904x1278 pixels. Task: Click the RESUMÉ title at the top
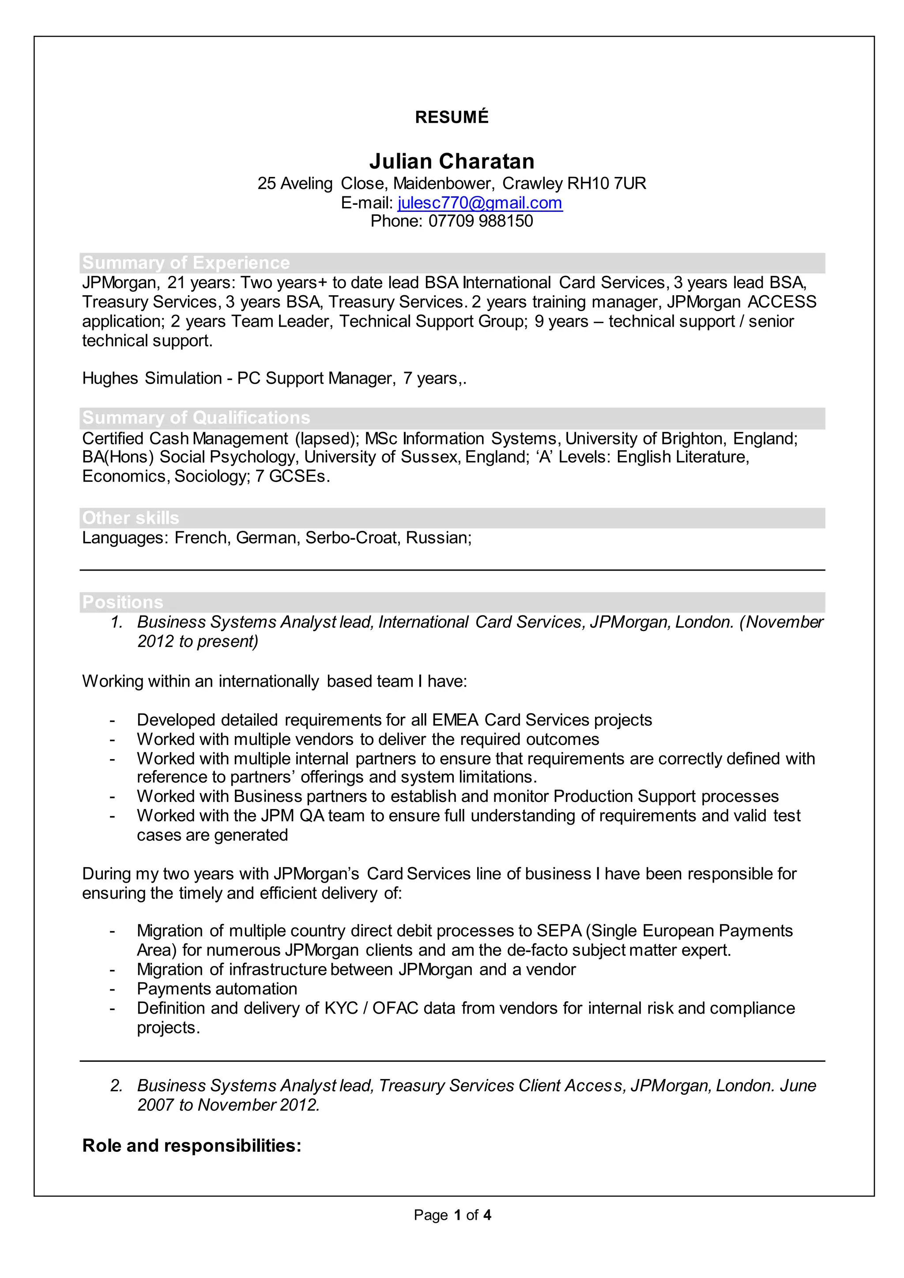(x=452, y=117)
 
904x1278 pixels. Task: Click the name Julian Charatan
(x=452, y=162)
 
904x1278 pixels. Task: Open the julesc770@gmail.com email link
(x=479, y=203)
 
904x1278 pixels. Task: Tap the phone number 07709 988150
(x=480, y=221)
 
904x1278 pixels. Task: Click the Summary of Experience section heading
(x=186, y=263)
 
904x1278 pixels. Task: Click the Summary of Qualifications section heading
(x=196, y=417)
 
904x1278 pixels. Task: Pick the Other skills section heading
(x=130, y=518)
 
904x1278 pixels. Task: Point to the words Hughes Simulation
(x=151, y=379)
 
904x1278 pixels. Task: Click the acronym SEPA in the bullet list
(x=558, y=931)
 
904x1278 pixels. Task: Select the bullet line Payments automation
(x=217, y=989)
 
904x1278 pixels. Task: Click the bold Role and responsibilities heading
(x=192, y=1146)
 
